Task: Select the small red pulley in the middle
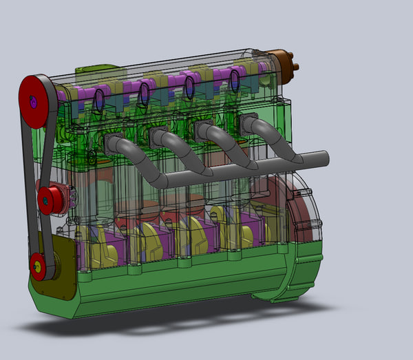click(49, 199)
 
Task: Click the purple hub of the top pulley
click(34, 103)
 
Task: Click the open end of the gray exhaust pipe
click(325, 158)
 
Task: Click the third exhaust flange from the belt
click(202, 129)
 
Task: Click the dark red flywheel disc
click(275, 207)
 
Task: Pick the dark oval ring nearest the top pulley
click(98, 100)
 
